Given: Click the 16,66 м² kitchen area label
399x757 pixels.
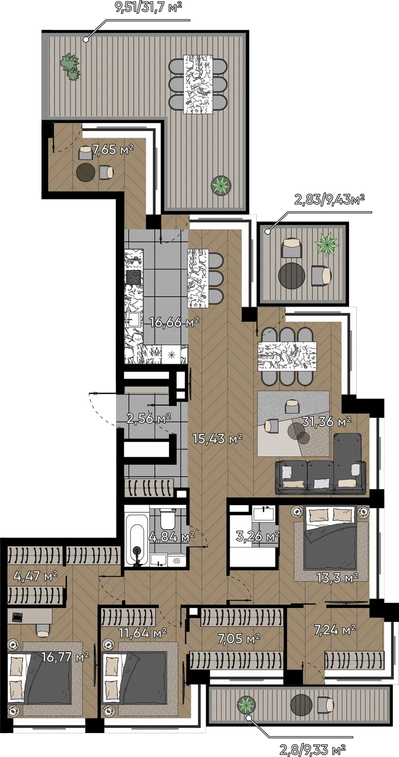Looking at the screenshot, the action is [175, 323].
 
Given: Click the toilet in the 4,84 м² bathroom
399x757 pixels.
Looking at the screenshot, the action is [167, 520].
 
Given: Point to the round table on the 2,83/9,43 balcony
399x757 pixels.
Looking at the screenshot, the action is [292, 275].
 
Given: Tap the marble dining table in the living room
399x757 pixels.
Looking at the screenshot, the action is [287, 356].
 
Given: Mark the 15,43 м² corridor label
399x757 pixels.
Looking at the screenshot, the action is [217, 439].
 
